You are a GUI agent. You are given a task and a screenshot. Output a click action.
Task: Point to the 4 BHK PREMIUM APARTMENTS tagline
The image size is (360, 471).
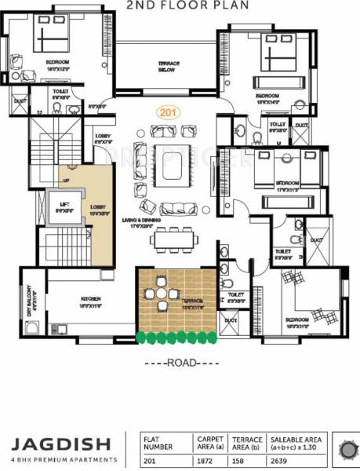[x=60, y=459]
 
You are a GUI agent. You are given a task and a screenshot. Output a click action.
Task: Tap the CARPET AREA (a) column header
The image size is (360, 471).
[x=209, y=444]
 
